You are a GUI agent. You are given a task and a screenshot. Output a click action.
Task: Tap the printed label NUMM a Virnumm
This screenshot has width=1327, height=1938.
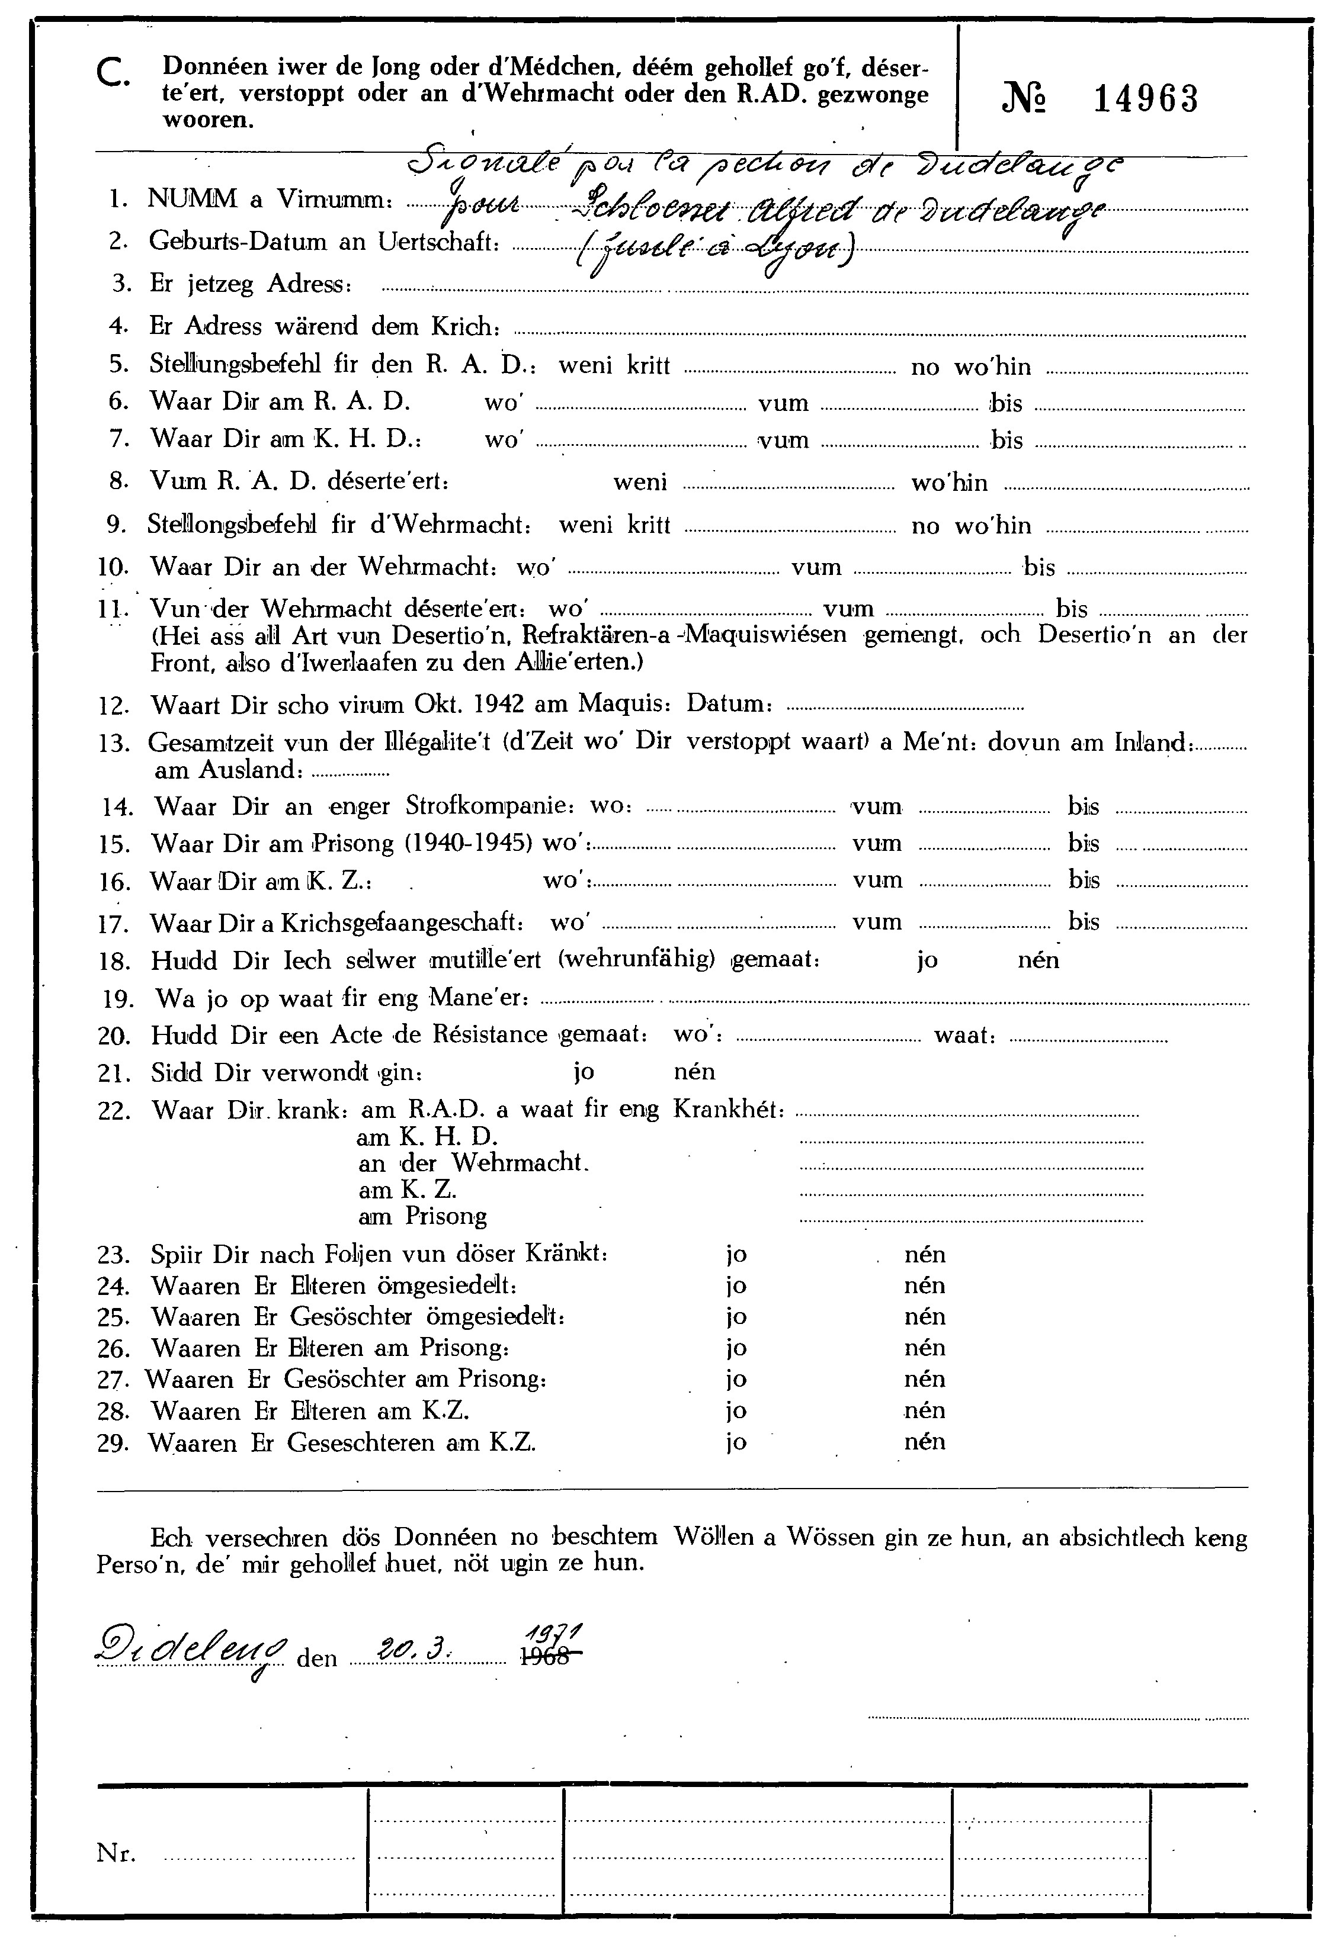point(270,200)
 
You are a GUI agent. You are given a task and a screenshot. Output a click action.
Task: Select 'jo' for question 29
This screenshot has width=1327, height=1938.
point(736,1444)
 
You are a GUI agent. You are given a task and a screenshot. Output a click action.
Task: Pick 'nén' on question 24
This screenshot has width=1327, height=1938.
point(924,1285)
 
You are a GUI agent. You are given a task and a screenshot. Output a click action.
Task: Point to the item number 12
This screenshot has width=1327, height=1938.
point(112,706)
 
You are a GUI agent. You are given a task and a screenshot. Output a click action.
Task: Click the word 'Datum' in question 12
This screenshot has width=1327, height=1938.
point(726,705)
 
